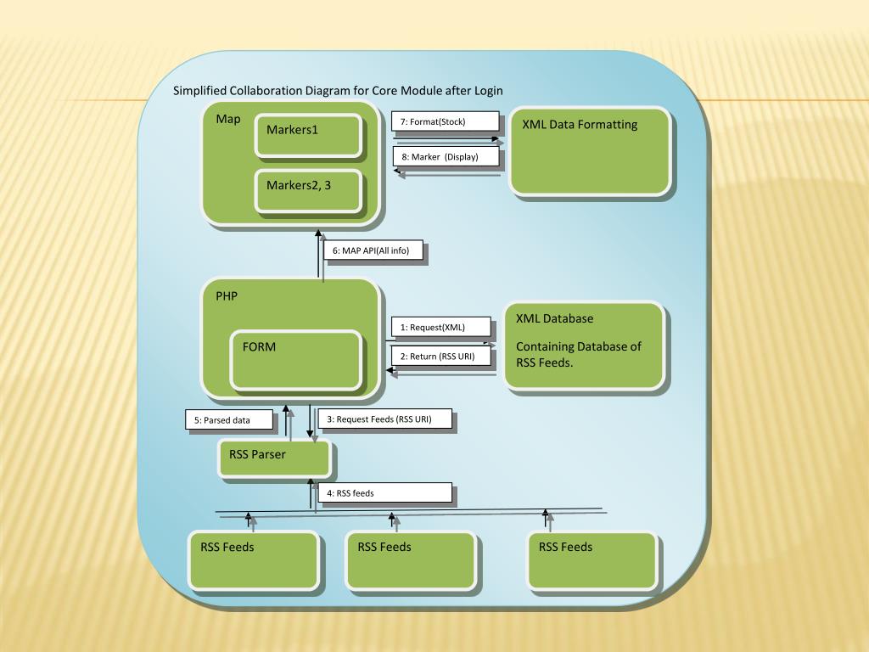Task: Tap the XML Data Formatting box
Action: click(x=590, y=151)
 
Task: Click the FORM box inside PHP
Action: click(x=295, y=360)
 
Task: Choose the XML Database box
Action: click(x=583, y=346)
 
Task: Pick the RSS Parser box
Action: click(x=274, y=458)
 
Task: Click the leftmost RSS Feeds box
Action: click(x=253, y=559)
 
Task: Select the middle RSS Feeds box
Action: click(x=409, y=559)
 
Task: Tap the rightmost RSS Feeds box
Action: click(x=591, y=559)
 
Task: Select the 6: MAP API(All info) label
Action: click(x=373, y=251)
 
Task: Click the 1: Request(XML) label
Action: click(x=440, y=327)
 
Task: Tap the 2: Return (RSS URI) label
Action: click(x=440, y=357)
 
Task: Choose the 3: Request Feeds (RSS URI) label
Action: click(x=384, y=419)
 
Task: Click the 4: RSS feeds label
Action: click(x=384, y=493)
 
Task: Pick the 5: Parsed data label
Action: click(x=229, y=420)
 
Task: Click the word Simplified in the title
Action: click(x=199, y=91)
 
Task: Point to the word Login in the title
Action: click(x=488, y=91)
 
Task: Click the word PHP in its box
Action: click(x=227, y=296)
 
